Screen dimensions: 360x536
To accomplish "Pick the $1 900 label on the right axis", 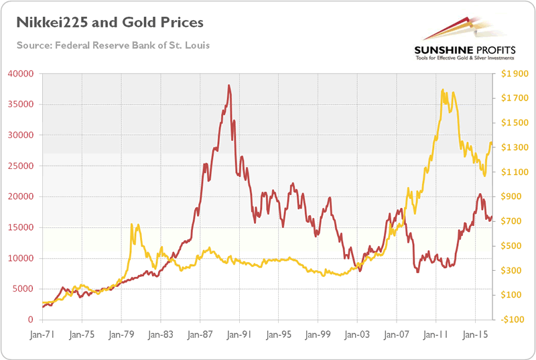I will point(511,74).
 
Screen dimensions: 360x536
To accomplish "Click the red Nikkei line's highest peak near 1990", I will point(229,86).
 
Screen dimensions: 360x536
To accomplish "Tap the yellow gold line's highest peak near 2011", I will point(442,90).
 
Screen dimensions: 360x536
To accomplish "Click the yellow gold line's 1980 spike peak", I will point(131,225).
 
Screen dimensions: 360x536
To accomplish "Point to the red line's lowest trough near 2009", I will point(418,272).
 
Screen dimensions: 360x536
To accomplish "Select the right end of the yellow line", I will point(492,142).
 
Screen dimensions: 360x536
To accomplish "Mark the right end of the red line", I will point(492,217).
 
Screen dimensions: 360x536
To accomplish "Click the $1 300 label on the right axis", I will point(511,147).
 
